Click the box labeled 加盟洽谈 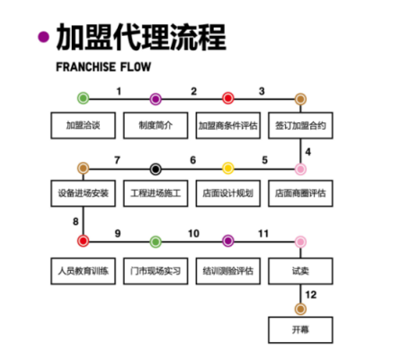pyautogui.click(x=83, y=125)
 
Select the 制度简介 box pyautogui.click(x=156, y=125)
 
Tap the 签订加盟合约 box pyautogui.click(x=300, y=125)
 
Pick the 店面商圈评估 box pyautogui.click(x=300, y=193)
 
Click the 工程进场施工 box pyautogui.click(x=156, y=193)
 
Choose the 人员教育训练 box pyautogui.click(x=83, y=271)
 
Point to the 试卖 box pyautogui.click(x=300, y=271)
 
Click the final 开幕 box pyautogui.click(x=300, y=330)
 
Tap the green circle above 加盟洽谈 pyautogui.click(x=84, y=98)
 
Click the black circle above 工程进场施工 pyautogui.click(x=156, y=169)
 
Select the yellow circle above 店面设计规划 pyautogui.click(x=228, y=168)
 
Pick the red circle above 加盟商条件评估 pyautogui.click(x=228, y=98)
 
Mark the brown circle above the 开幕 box pyautogui.click(x=300, y=309)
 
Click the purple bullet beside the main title pyautogui.click(x=43, y=37)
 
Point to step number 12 pyautogui.click(x=311, y=295)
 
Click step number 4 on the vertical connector pyautogui.click(x=307, y=152)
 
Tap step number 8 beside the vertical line pyautogui.click(x=76, y=221)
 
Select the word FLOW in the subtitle pyautogui.click(x=136, y=67)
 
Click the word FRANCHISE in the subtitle pyautogui.click(x=86, y=67)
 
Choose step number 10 pyautogui.click(x=193, y=234)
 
